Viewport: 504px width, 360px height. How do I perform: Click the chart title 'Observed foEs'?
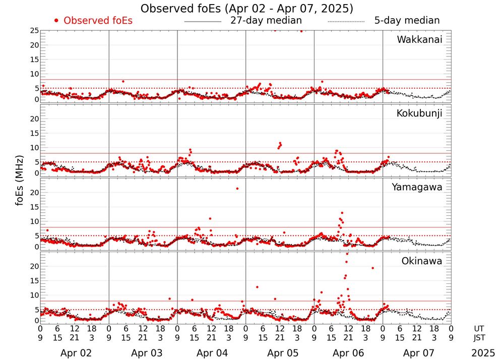pos(246,9)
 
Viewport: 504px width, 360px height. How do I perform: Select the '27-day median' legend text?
pos(266,21)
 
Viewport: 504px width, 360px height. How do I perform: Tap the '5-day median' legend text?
pos(407,21)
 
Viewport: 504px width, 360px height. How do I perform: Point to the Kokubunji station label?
pos(419,113)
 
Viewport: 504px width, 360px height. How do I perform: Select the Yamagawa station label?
pos(417,187)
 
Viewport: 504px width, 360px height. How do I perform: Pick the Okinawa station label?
pos(422,261)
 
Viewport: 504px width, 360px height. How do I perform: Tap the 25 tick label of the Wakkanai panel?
pos(34,31)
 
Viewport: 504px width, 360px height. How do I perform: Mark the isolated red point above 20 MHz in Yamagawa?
pos(237,189)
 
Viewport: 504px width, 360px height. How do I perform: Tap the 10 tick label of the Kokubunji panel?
pos(34,147)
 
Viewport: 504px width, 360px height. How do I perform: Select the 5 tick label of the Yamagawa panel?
pos(36,235)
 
